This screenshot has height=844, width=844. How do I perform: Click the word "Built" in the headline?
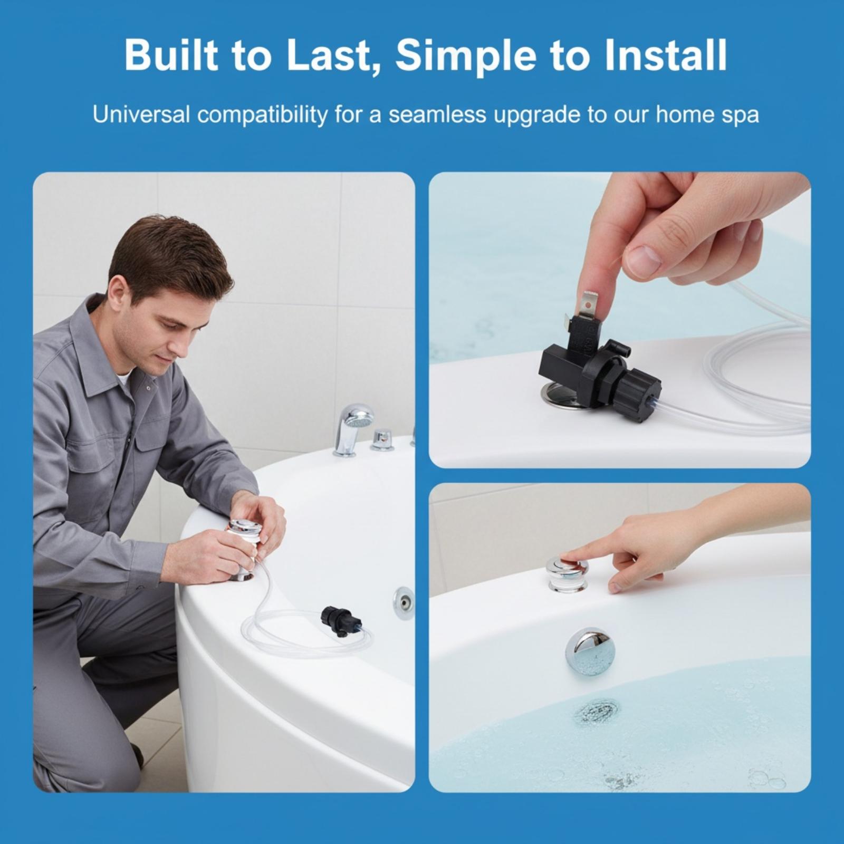coord(170,55)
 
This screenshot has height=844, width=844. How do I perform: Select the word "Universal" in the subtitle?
coord(141,114)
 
